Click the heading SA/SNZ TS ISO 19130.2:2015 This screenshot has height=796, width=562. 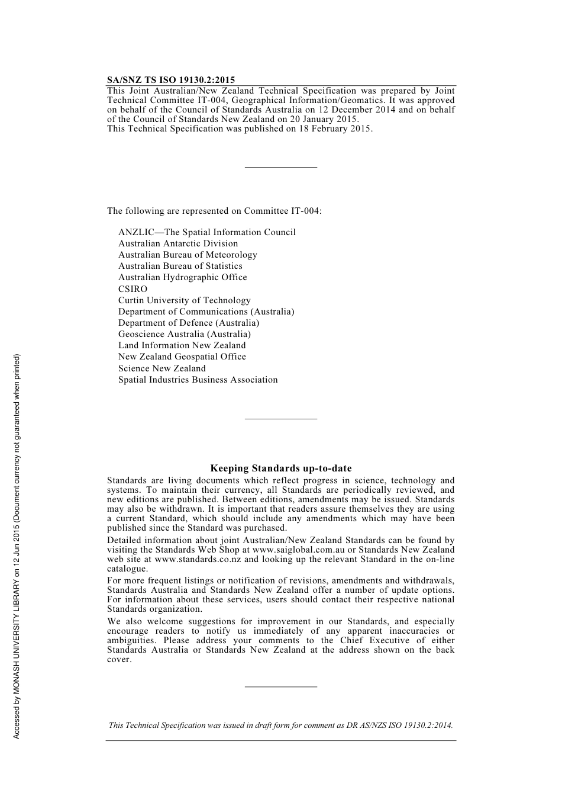click(x=171, y=80)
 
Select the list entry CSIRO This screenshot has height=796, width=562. click(x=133, y=289)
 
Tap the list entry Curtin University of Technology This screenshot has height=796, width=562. click(x=184, y=300)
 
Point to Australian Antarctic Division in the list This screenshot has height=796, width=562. click(x=178, y=243)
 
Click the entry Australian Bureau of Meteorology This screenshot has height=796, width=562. click(x=188, y=255)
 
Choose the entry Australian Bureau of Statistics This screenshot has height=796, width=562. click(x=180, y=266)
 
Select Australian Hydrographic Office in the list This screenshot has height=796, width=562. click(x=182, y=277)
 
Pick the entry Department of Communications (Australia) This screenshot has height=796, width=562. click(x=206, y=312)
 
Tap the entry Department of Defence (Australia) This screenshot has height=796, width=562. click(x=189, y=323)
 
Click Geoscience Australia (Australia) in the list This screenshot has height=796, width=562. click(x=184, y=334)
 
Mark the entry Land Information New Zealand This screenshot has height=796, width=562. click(x=182, y=345)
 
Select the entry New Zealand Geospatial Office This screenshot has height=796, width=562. click(x=182, y=357)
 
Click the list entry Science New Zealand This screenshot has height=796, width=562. click(x=162, y=368)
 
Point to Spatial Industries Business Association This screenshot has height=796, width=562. click(x=198, y=380)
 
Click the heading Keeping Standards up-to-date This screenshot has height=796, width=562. click(x=281, y=468)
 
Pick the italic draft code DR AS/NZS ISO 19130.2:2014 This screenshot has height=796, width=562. click(x=399, y=725)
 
